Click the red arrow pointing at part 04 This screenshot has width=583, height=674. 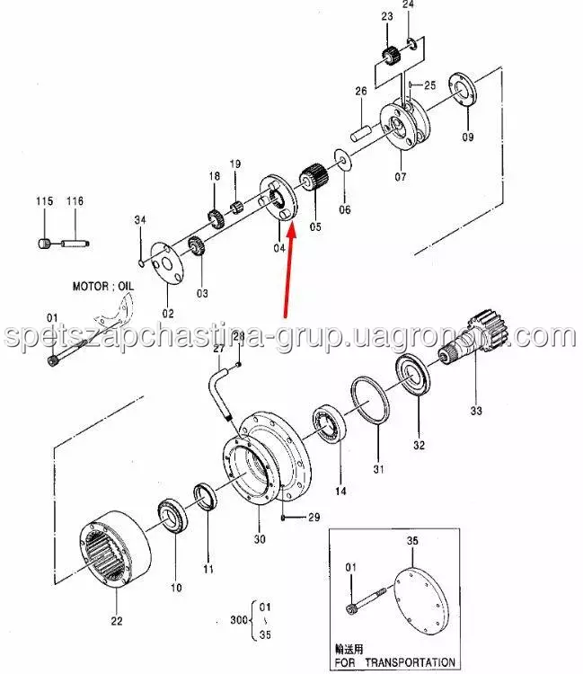(288, 270)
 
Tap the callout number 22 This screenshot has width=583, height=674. (117, 621)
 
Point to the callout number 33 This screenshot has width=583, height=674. (476, 411)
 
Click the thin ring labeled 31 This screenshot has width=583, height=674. (370, 400)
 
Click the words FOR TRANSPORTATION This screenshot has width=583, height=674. (394, 662)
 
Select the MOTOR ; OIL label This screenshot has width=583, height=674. (102, 286)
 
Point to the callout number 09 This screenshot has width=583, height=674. (468, 137)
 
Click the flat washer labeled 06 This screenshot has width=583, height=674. (343, 161)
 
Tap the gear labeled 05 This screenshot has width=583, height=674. (314, 178)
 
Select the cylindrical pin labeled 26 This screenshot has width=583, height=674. (361, 132)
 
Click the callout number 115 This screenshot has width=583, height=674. (44, 200)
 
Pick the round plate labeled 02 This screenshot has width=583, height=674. (167, 263)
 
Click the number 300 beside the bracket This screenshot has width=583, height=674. (239, 619)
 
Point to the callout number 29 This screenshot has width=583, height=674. (314, 517)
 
